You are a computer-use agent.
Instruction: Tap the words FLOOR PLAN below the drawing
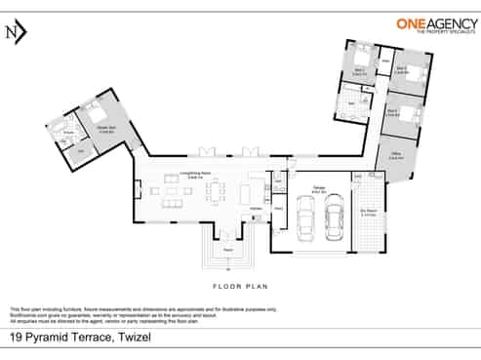pyautogui.click(x=240, y=288)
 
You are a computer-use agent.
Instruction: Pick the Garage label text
pyautogui.click(x=319, y=190)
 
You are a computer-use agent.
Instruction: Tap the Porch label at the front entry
pyautogui.click(x=227, y=250)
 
